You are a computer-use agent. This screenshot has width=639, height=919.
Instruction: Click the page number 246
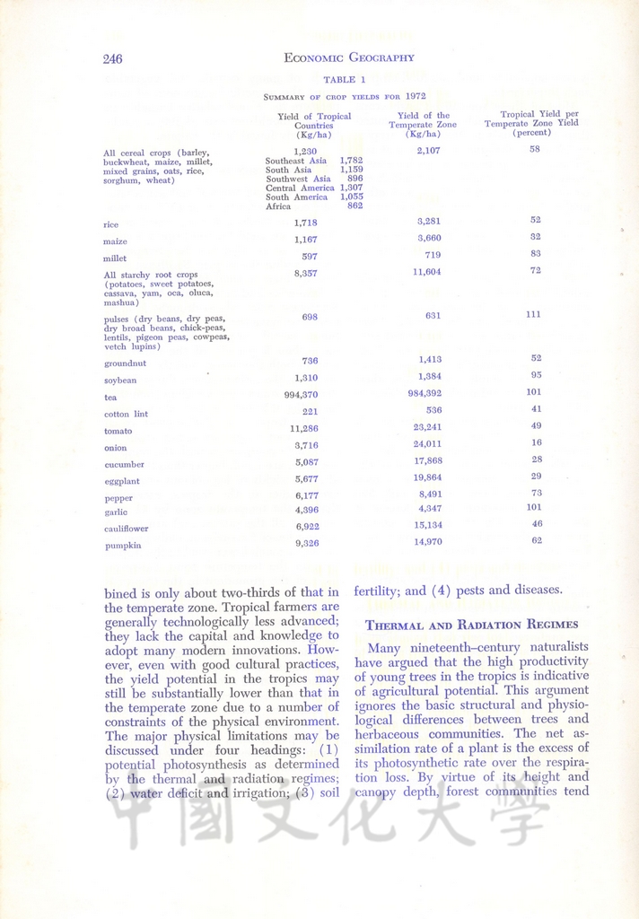click(112, 59)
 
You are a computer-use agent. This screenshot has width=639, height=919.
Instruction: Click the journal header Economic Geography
click(348, 58)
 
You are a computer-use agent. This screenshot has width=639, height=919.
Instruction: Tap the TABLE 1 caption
click(345, 80)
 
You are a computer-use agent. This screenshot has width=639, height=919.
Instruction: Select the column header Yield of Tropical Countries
click(314, 126)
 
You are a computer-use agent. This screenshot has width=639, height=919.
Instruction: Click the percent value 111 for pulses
click(535, 314)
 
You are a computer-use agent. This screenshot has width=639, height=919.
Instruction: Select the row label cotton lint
click(126, 415)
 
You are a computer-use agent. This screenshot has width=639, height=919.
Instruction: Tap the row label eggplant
click(122, 482)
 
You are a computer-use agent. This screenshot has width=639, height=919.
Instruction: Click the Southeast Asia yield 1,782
click(351, 161)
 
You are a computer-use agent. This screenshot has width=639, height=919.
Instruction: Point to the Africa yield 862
click(355, 206)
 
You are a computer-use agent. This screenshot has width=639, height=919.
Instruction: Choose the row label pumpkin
click(123, 546)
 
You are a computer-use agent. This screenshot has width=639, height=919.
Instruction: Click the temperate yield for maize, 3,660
click(428, 238)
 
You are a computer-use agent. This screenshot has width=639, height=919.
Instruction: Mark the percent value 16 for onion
click(536, 442)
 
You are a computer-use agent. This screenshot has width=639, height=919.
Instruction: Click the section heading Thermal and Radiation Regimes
click(451, 625)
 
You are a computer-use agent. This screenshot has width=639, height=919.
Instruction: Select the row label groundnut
click(126, 363)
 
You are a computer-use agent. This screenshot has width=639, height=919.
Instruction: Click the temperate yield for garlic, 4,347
click(428, 509)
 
